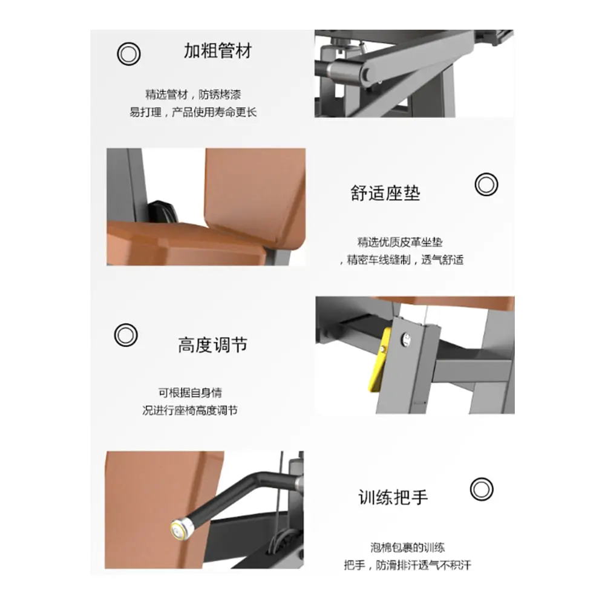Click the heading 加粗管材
pos(218,51)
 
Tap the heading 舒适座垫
pos(385,193)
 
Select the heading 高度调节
pos(212,345)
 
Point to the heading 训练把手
pos(393,497)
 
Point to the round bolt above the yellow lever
pos(405,339)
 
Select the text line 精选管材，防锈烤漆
pos(193,94)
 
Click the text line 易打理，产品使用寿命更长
pos(193,113)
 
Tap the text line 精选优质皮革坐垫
pos(400,243)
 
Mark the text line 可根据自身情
pos(190,393)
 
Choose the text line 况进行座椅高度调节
pos(190,411)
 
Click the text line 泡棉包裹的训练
pos(407,548)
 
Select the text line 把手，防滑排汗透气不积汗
pos(407,565)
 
